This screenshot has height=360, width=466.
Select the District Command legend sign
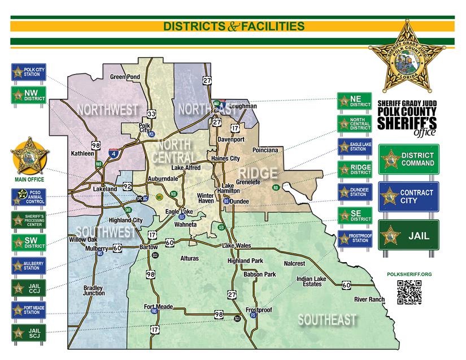(408, 159)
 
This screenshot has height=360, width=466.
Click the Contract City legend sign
(408, 197)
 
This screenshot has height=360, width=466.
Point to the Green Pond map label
(125, 77)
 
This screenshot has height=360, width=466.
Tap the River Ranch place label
(369, 299)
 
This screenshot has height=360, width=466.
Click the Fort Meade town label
(158, 307)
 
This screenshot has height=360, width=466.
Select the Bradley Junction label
(94, 290)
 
